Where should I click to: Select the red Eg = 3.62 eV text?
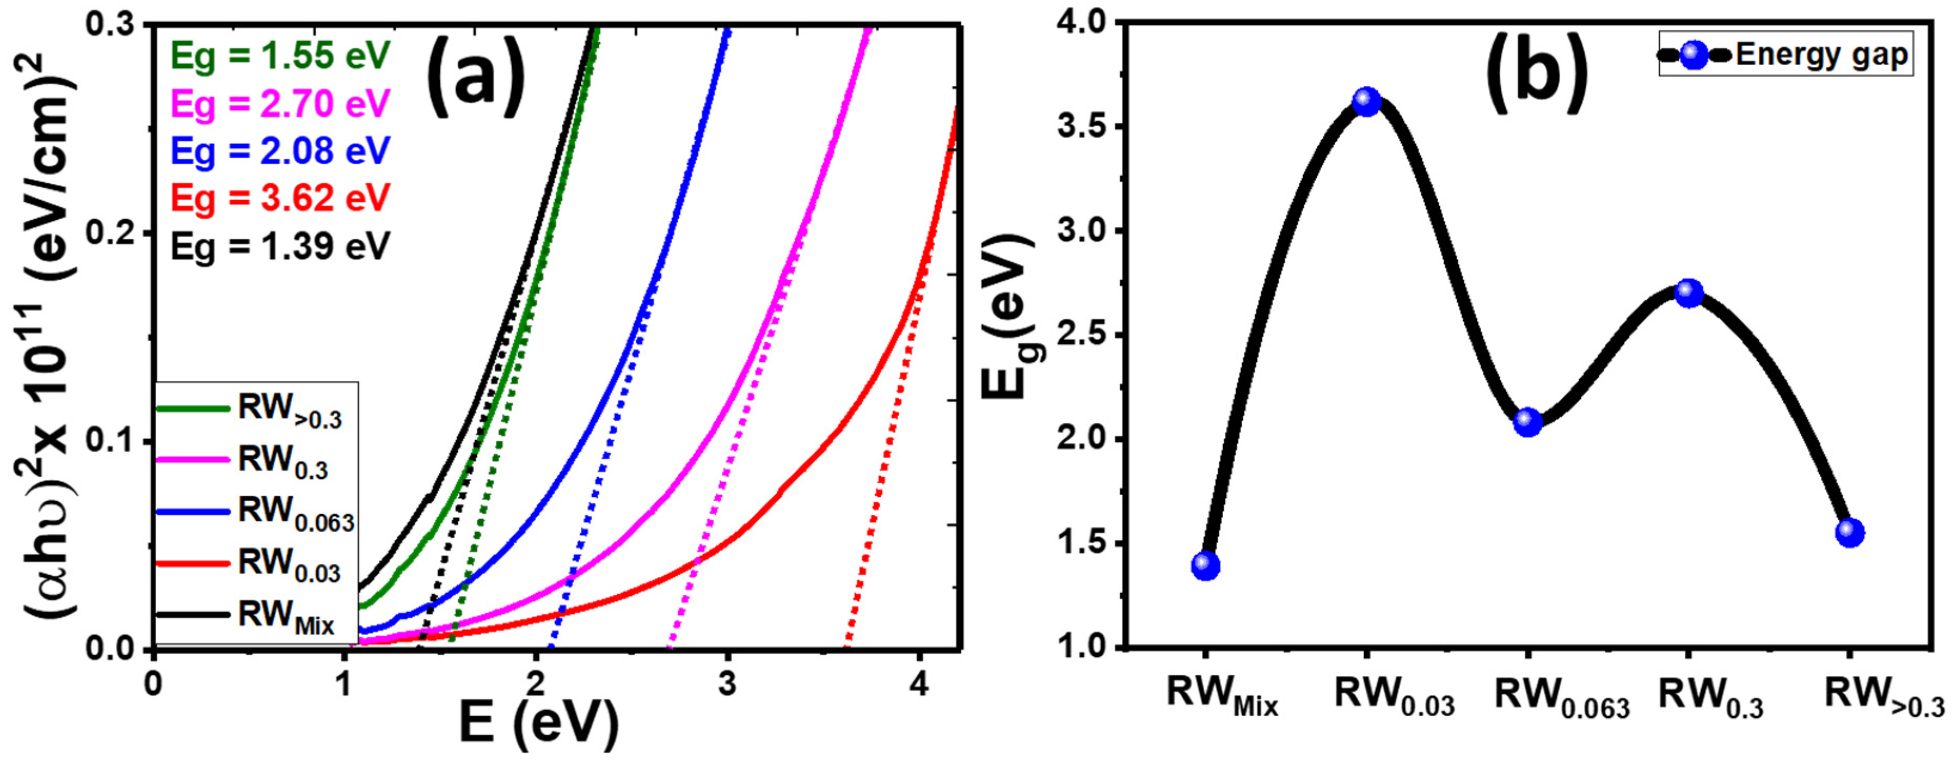(280, 198)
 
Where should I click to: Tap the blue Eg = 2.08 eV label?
(280, 150)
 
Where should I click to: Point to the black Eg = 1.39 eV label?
(280, 246)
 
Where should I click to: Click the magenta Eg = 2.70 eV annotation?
(280, 103)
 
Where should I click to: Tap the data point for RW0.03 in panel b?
(1367, 101)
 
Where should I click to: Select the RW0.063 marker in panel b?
(1528, 422)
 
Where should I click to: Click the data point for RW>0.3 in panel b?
(1849, 532)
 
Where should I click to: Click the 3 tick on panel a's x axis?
(727, 685)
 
